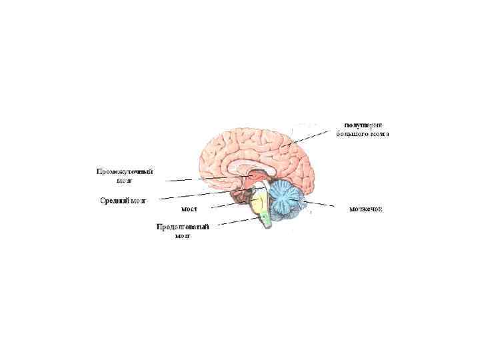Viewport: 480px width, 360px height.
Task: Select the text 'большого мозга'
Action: (x=363, y=134)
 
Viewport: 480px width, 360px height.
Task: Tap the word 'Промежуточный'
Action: (x=125, y=171)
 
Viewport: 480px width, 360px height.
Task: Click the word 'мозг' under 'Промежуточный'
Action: (x=125, y=181)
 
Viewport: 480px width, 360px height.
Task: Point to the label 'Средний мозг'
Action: (x=123, y=200)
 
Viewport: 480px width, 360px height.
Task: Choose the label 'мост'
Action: (x=189, y=209)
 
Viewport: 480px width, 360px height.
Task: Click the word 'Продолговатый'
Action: (x=183, y=227)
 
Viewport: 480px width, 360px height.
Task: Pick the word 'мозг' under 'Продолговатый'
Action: (x=183, y=236)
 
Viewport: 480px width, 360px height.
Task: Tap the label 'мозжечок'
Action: (x=366, y=209)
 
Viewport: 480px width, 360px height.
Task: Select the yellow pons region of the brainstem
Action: (x=258, y=203)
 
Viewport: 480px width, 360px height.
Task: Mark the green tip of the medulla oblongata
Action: (x=266, y=217)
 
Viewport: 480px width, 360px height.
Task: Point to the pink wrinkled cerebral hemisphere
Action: (x=253, y=143)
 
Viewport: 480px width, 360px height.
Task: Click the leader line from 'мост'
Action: (x=230, y=205)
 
